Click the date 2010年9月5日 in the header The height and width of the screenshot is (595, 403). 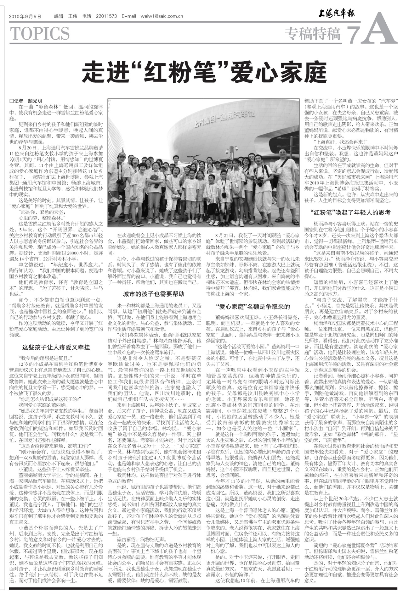coord(25,16)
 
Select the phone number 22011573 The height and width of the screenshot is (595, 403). coord(106,16)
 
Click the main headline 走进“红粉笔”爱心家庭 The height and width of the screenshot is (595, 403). coord(204,72)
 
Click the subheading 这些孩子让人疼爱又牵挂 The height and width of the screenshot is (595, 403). coord(56,347)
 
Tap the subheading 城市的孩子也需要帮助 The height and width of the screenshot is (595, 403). coord(154,294)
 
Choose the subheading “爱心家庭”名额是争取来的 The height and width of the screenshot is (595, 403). coord(253,307)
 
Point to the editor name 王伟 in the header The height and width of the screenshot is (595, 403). coord(73,16)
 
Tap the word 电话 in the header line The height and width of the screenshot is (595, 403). coord(87,16)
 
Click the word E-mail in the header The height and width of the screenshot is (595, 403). coord(128,16)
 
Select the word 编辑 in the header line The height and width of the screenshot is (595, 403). coord(59,16)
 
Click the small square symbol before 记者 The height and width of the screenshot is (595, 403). coord(11,101)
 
